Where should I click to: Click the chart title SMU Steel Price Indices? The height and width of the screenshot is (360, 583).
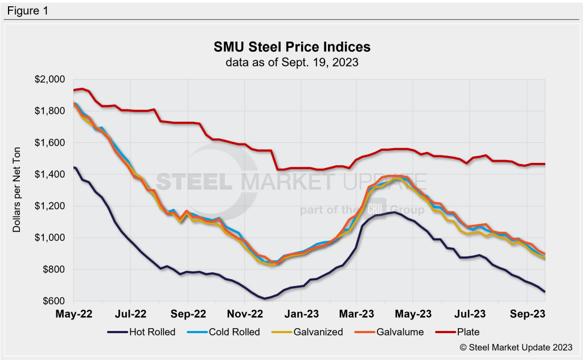(291, 46)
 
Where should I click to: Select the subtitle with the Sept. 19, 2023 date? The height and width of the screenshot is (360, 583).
(291, 62)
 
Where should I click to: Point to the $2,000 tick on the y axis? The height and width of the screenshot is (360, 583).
(51, 79)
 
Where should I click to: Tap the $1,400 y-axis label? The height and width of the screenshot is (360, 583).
(51, 174)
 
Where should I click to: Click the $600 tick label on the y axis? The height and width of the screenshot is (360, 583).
(54, 301)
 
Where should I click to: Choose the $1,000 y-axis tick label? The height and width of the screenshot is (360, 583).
(51, 238)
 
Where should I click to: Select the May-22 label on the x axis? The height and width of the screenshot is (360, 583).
(75, 313)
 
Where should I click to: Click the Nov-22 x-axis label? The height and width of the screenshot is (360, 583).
(244, 313)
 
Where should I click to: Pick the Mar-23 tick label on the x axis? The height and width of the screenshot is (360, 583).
(356, 313)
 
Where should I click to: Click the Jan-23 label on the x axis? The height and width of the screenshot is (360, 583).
(301, 313)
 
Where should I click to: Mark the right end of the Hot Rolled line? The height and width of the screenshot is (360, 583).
(545, 292)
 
